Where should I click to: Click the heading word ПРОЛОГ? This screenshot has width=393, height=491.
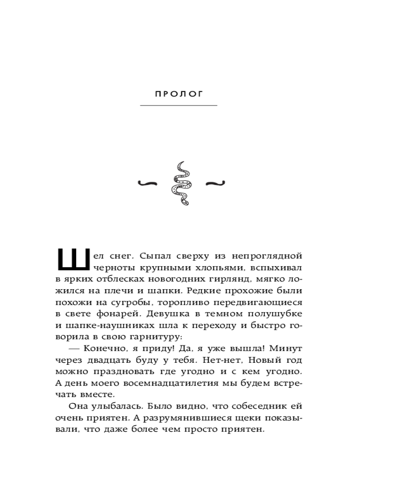pos(179,94)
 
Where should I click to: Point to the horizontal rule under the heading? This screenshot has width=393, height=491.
pos(179,106)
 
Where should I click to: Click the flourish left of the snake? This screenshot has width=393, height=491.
pos(148,184)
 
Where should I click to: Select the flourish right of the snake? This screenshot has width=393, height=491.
pos(214,184)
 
